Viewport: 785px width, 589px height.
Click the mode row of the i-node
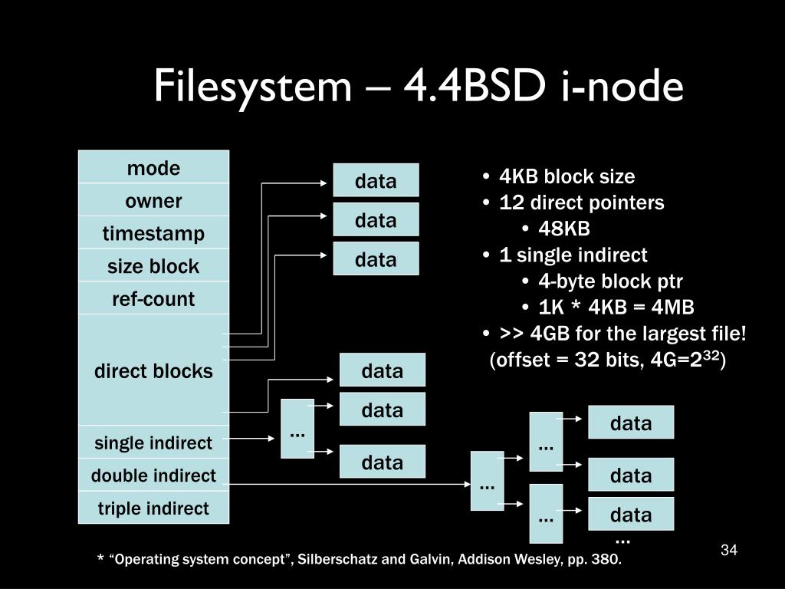(153, 168)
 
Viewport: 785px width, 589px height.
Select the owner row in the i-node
(153, 201)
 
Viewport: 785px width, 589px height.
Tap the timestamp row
(153, 233)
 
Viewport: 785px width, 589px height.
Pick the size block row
(153, 266)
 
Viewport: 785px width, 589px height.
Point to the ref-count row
(153, 298)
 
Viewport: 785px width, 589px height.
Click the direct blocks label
(153, 371)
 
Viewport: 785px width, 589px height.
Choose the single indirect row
(153, 443)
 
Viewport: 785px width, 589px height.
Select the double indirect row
(153, 475)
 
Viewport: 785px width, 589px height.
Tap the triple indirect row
(153, 508)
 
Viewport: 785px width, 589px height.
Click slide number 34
(728, 550)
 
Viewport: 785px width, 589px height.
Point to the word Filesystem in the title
(251, 87)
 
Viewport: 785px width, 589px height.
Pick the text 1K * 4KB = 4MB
(616, 308)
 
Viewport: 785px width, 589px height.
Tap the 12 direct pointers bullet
(582, 202)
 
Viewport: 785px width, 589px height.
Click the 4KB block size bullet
(567, 176)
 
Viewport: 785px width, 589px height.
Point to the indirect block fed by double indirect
(487, 481)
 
